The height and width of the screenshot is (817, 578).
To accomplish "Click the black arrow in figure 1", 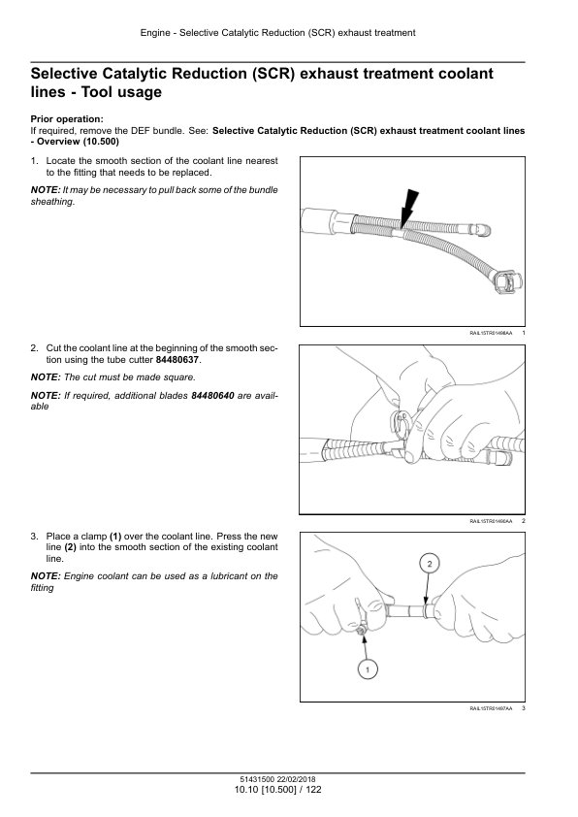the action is (x=407, y=208).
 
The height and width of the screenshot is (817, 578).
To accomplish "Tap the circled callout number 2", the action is (x=429, y=564).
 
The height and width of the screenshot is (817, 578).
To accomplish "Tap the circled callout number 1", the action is (x=368, y=670).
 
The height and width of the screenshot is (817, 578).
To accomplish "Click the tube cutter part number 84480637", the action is (x=177, y=360).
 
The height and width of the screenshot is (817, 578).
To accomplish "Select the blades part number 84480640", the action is (x=212, y=396).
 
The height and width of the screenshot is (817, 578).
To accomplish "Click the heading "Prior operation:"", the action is (x=67, y=119).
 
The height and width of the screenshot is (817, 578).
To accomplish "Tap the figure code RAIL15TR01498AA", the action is (x=491, y=333).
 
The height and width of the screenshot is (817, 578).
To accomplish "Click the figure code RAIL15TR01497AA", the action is (x=491, y=708).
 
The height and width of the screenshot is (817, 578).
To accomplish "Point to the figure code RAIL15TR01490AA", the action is (x=491, y=521).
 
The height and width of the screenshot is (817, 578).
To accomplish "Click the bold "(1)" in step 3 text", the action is (x=115, y=537).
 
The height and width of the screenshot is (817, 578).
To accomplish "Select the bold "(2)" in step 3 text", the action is (x=70, y=547).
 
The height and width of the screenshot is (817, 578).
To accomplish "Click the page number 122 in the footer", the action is (x=313, y=790).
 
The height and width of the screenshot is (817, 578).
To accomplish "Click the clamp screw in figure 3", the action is (x=361, y=632).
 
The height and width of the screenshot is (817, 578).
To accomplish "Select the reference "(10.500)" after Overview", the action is (x=101, y=142).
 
